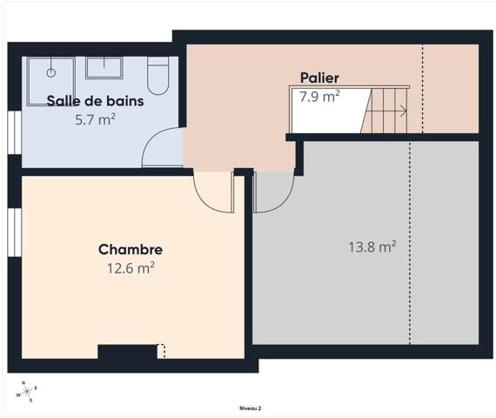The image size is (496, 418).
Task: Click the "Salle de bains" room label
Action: pos(96,100)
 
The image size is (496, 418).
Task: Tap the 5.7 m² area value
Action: pos(96,119)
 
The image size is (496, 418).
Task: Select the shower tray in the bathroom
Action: pos(50,70)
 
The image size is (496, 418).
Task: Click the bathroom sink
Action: pos(104,67)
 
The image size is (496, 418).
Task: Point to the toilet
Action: pos(158,76)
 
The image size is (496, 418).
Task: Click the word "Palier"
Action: pos(319,78)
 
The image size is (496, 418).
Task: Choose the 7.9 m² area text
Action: pos(319,97)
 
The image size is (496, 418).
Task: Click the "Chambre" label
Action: pos(130,250)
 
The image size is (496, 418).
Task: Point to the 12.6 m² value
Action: pos(131,268)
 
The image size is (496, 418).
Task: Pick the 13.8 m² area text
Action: pos(372,247)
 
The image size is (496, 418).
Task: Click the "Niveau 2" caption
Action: pos(251,408)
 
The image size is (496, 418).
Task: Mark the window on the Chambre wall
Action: pos(13,233)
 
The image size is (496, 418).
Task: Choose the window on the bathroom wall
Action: pos(13,135)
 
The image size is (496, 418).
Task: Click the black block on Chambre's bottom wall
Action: pos(127,352)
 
